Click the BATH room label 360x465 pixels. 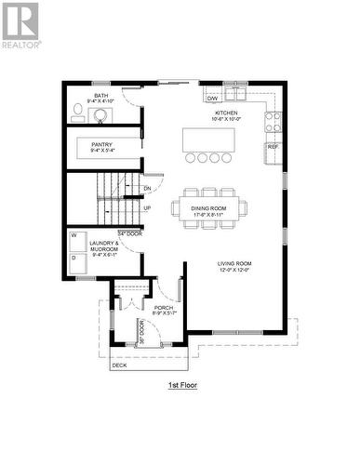click(x=100, y=96)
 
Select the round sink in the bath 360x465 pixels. click(x=100, y=115)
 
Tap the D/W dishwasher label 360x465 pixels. click(x=212, y=97)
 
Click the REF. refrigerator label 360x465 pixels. click(x=273, y=147)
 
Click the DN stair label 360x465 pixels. click(x=147, y=189)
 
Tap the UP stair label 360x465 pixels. click(x=147, y=207)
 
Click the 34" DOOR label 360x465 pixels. click(x=128, y=232)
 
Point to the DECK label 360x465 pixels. click(x=119, y=365)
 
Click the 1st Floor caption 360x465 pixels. click(x=182, y=384)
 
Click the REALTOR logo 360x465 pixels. click(x=20, y=24)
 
